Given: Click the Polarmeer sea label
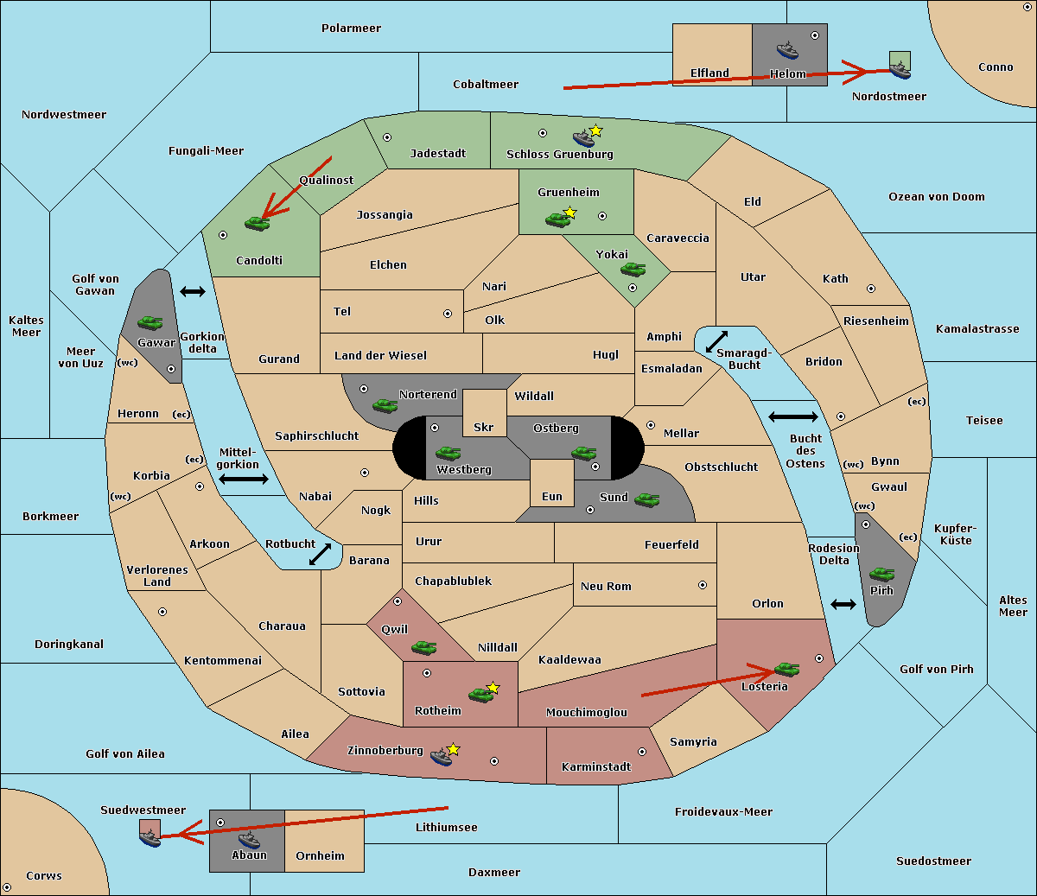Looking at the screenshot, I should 351,29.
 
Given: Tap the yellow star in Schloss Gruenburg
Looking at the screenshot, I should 595,130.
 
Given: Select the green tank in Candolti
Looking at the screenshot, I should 257,224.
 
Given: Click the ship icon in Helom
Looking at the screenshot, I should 787,50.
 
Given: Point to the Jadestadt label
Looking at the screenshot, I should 437,154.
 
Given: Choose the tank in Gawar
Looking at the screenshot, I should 150,322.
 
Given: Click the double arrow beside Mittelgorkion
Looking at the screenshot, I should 243,479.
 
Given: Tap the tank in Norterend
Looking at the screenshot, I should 385,405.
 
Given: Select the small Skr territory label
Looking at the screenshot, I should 483,428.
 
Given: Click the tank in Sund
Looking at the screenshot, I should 647,499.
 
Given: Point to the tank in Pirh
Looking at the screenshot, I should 882,574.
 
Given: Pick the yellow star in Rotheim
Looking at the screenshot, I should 493,688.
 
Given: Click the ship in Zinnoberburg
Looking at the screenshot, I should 442,757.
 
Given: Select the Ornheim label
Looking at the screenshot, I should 320,856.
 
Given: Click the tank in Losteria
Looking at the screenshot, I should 786,668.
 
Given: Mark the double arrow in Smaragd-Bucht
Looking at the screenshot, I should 717,341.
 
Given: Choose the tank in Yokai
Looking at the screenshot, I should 633,270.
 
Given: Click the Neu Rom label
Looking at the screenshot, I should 606,587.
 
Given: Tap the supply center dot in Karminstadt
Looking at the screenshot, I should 642,752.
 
